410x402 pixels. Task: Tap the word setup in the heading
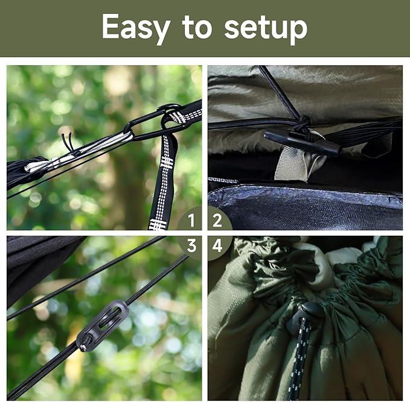[266, 28]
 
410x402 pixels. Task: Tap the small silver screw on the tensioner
[83, 347]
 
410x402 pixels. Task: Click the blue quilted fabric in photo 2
[304, 206]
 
